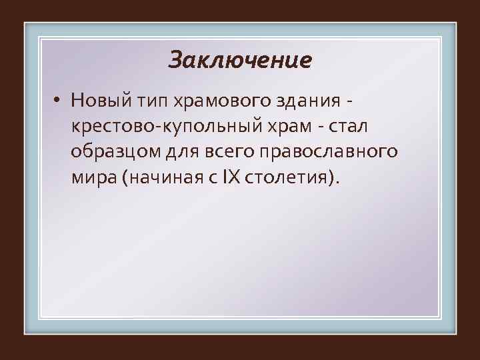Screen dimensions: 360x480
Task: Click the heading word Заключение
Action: (240, 61)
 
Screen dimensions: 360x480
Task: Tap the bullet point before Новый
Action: (59, 101)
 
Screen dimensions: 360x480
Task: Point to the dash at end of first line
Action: (350, 103)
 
